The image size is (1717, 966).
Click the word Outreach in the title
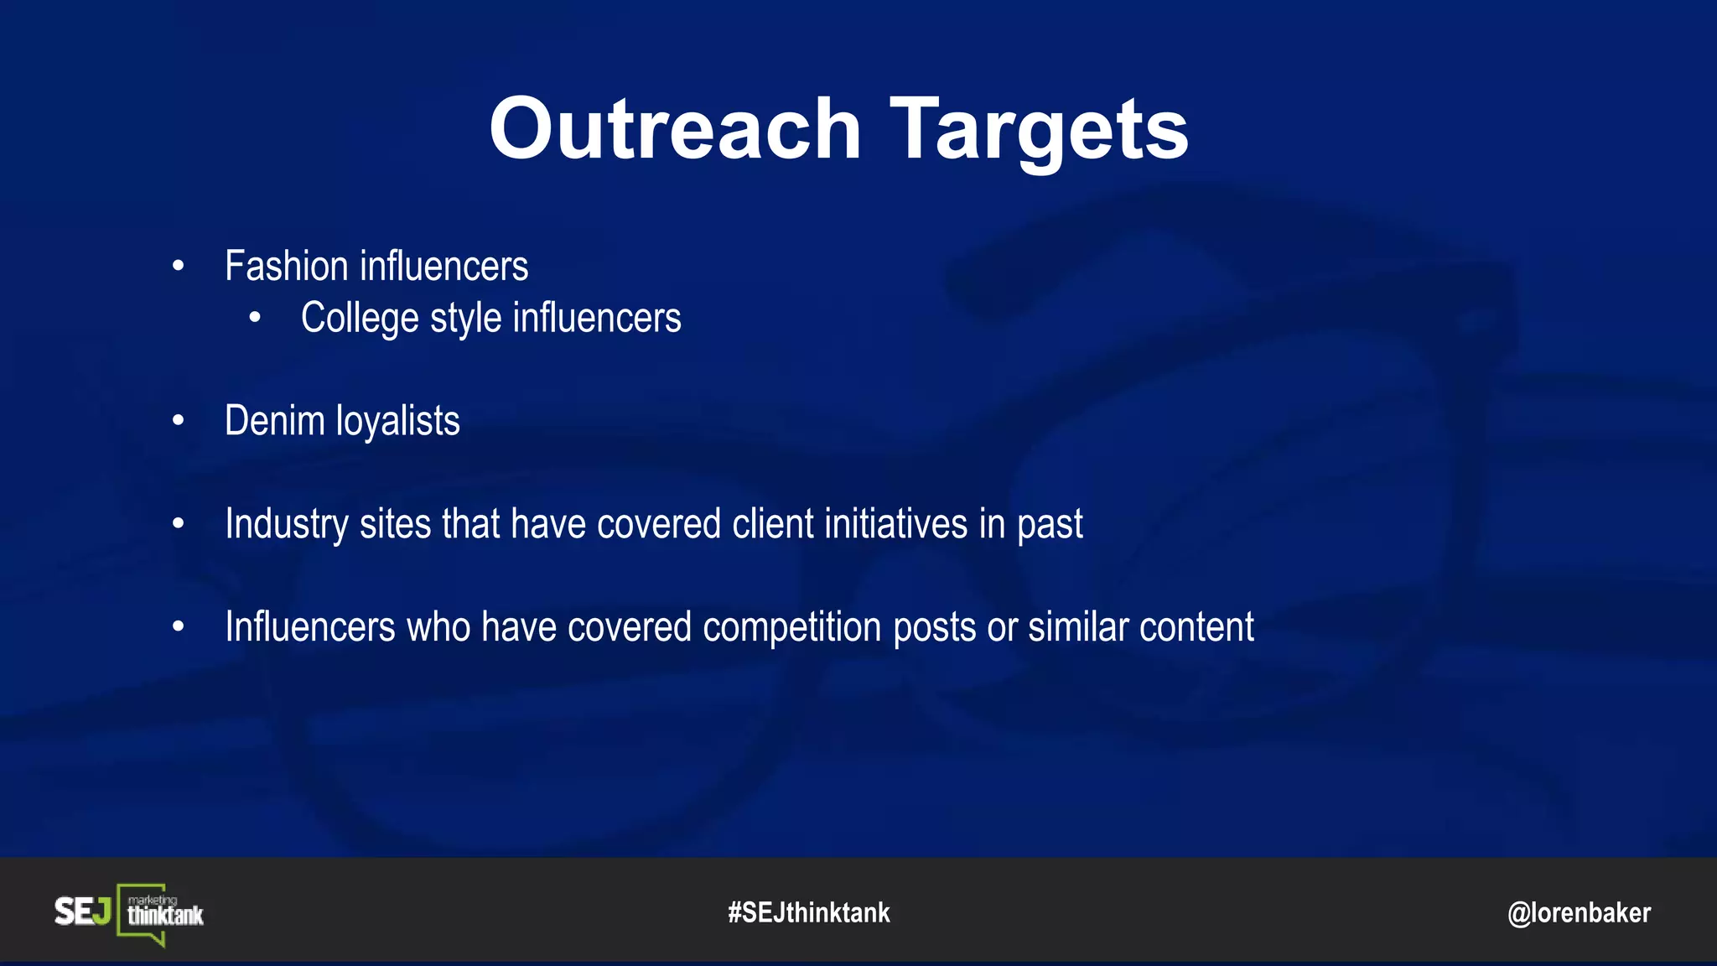[675, 129]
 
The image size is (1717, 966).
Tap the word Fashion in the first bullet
[286, 267]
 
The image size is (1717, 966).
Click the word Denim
[274, 421]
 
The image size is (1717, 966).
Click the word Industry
[286, 525]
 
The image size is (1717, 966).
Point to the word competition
[791, 628]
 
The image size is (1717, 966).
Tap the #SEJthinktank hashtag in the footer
[809, 912]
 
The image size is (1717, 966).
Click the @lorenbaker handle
[1579, 913]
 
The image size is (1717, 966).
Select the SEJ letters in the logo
[82, 911]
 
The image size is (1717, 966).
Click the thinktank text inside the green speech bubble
[165, 915]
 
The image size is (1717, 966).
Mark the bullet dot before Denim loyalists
[178, 420]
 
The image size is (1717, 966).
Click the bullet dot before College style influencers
[255, 318]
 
